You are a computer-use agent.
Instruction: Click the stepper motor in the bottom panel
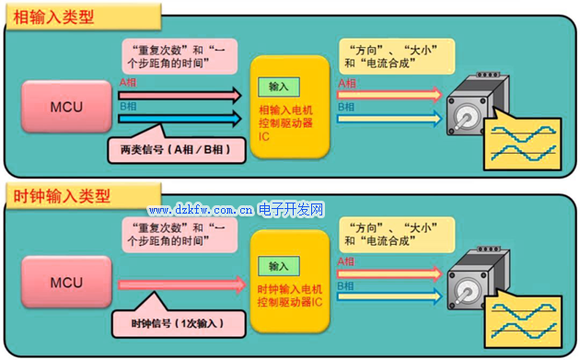click(x=475, y=276)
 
